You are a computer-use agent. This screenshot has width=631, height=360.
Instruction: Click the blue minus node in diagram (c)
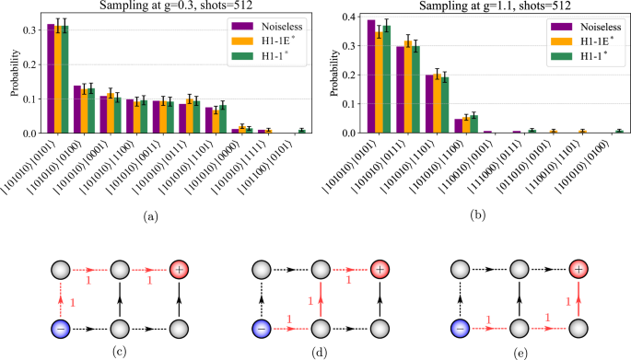pyautogui.click(x=61, y=326)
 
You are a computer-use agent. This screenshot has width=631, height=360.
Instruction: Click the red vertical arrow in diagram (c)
pyautogui.click(x=61, y=298)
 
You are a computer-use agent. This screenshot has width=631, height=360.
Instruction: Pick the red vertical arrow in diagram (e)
pyautogui.click(x=577, y=298)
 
